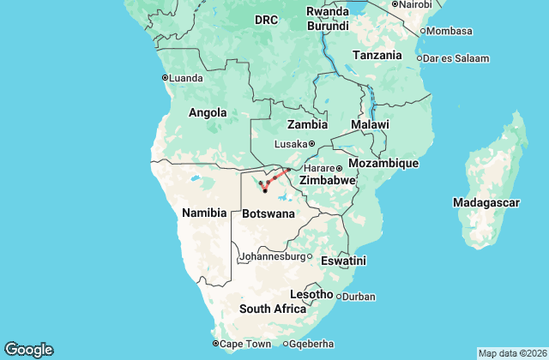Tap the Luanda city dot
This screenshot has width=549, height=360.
pyautogui.click(x=165, y=77)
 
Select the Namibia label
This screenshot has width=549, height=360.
pyautogui.click(x=203, y=213)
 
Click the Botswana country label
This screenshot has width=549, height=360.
pyautogui.click(x=268, y=213)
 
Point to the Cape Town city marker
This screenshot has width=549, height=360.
pyautogui.click(x=216, y=344)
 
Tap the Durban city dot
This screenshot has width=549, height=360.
pyautogui.click(x=339, y=297)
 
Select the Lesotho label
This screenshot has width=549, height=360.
pyautogui.click(x=311, y=294)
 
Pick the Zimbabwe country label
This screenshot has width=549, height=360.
pyautogui.click(x=327, y=181)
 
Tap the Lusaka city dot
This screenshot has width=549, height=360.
pyautogui.click(x=312, y=144)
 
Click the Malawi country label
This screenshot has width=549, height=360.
pyautogui.click(x=370, y=125)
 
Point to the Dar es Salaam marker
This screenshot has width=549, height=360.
pyautogui.click(x=419, y=58)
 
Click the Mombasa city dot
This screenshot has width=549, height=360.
pyautogui.click(x=423, y=31)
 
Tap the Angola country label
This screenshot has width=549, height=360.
pyautogui.click(x=208, y=112)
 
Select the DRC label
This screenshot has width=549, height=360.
pyautogui.click(x=266, y=21)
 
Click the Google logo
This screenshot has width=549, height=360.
pyautogui.click(x=28, y=350)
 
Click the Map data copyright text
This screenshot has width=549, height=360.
pyautogui.click(x=510, y=353)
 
